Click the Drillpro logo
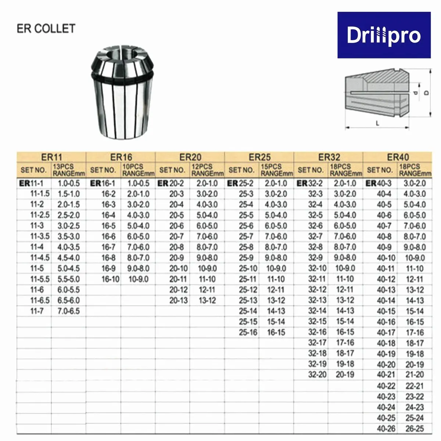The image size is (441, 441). tap(384, 35)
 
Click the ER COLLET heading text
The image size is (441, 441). tap(46, 29)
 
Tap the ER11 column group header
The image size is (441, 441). tap(51, 157)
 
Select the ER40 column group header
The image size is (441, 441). tap(398, 157)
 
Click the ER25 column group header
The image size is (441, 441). tap(259, 157)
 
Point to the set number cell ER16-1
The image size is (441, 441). tap(103, 183)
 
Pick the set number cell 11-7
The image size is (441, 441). tap(37, 311)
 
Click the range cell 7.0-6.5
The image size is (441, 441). tap(68, 311)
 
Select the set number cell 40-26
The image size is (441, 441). tap(386, 429)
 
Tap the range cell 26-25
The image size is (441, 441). tap(415, 429)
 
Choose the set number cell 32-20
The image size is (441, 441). tap(317, 375)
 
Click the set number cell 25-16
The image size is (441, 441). tap(248, 332)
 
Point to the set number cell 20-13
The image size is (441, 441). tap(179, 300)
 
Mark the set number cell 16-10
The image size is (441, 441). tap(110, 279)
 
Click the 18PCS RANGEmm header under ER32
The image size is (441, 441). tap(345, 170)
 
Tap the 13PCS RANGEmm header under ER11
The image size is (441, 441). tap(68, 170)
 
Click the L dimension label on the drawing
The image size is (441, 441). tap(377, 123)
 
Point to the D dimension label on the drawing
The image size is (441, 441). tap(427, 92)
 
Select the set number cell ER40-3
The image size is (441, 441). tap(379, 183)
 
